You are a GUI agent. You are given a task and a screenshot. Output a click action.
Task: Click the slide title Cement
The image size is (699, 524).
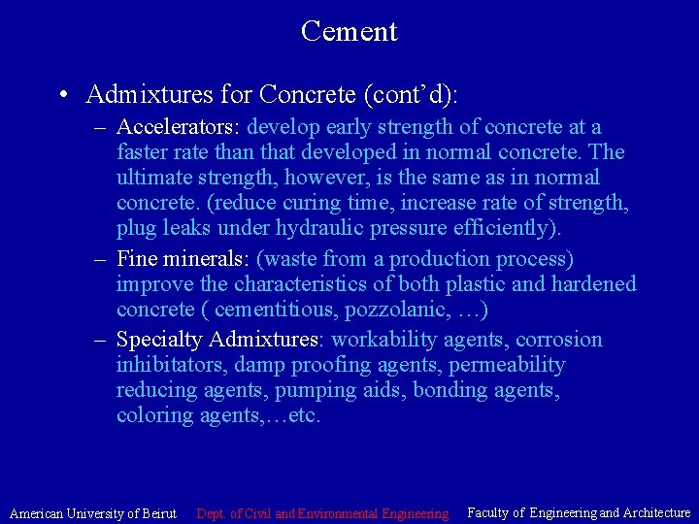(x=349, y=31)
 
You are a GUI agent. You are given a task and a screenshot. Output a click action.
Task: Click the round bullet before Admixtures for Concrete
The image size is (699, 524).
(x=62, y=95)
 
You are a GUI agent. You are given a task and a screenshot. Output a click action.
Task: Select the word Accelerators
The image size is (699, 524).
(x=179, y=127)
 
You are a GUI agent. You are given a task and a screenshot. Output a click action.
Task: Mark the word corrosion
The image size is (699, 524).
(x=560, y=340)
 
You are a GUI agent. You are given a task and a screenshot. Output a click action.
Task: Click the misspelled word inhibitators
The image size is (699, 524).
(x=172, y=365)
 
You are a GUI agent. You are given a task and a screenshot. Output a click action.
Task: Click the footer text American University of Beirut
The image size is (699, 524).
(x=93, y=512)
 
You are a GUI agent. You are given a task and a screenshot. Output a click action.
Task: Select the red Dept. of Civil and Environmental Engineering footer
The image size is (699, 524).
(x=322, y=512)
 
